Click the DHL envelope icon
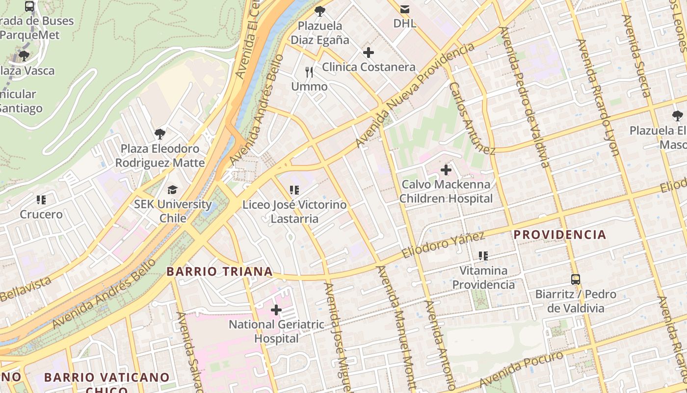[x=405, y=9]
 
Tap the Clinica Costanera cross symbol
[x=369, y=53]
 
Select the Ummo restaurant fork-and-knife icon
[x=309, y=72]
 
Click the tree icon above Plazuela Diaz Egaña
[x=320, y=11]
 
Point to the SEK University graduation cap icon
[x=172, y=190]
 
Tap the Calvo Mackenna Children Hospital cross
[x=446, y=170]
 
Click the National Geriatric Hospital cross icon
[x=276, y=310]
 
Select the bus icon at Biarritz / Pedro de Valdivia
[x=576, y=280]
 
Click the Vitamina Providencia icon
[x=483, y=256]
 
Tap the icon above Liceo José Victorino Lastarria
[x=294, y=190]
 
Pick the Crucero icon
[x=41, y=200]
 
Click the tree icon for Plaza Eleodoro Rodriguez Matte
[x=159, y=134]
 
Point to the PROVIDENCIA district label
[x=560, y=235]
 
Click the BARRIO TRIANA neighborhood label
[x=219, y=272]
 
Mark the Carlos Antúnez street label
[x=472, y=118]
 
